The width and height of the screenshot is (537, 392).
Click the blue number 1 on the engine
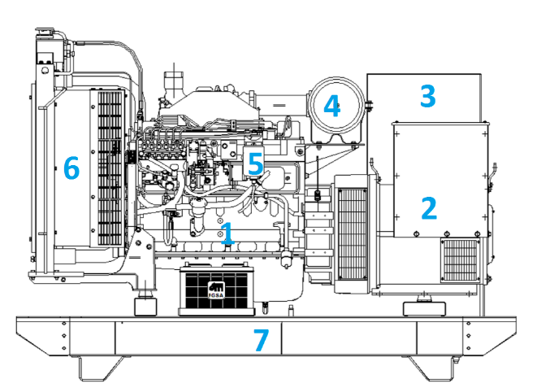[227, 233]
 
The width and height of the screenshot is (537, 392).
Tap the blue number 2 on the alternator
[429, 208]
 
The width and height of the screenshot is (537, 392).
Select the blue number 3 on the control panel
[428, 96]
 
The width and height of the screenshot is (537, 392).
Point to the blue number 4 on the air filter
[331, 105]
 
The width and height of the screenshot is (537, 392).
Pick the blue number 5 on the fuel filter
[255, 163]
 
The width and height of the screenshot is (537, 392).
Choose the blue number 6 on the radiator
[71, 168]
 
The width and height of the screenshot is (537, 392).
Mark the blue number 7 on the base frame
[261, 340]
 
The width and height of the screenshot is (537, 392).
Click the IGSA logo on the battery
[216, 290]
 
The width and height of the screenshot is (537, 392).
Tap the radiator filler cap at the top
[44, 33]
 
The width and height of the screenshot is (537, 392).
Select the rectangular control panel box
[424, 98]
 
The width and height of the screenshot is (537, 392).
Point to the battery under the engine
[216, 289]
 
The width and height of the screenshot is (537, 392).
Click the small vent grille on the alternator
[461, 260]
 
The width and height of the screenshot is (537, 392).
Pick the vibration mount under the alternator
[424, 308]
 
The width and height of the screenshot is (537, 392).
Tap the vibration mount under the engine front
[145, 306]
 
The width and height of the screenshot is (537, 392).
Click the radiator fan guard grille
[110, 168]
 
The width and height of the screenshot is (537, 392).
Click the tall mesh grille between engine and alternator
[353, 234]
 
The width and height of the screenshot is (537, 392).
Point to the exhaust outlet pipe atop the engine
[174, 82]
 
